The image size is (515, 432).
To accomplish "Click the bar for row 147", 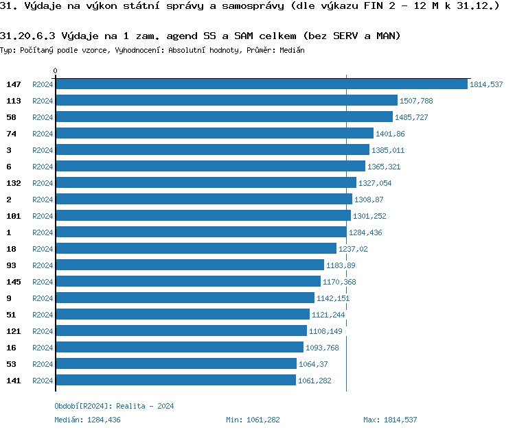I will [x=261, y=84].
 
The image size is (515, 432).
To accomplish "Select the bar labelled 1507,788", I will [x=227, y=101].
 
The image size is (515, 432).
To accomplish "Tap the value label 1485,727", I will [x=411, y=117].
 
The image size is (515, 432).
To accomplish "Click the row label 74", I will [x=10, y=134].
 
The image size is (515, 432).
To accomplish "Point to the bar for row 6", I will [x=210, y=167].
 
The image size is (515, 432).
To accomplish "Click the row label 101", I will [x=13, y=216].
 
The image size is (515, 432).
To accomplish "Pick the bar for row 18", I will [x=196, y=249].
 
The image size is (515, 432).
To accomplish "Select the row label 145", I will [x=13, y=282].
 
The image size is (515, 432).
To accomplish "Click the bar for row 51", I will [x=183, y=315].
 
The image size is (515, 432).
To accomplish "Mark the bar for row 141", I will [x=176, y=381].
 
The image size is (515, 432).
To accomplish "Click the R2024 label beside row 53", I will [x=43, y=364].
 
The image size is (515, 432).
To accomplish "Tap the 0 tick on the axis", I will [x=56, y=71].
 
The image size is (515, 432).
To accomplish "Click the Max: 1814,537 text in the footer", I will [x=390, y=420].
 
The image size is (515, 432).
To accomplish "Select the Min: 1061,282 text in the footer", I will [x=253, y=420].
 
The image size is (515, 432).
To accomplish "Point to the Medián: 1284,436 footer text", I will [x=87, y=420].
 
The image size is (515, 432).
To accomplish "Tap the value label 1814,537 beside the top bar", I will [x=486, y=84].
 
